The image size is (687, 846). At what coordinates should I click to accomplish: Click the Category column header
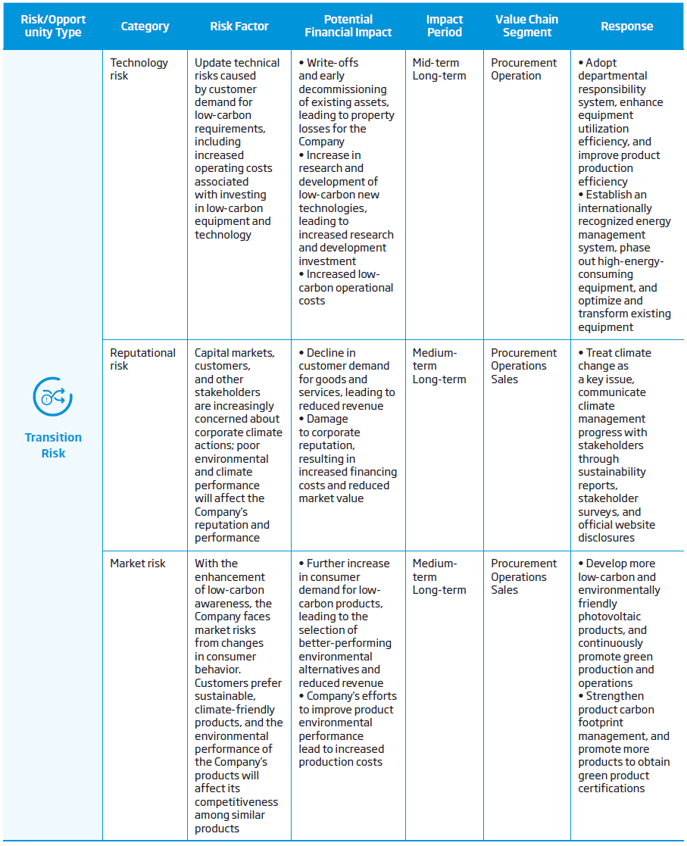click(x=145, y=26)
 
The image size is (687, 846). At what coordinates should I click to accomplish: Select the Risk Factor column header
click(x=239, y=26)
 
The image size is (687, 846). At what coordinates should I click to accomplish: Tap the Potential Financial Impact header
click(x=348, y=26)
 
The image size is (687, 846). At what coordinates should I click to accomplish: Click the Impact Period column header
click(x=444, y=26)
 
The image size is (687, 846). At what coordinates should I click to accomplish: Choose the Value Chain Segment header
click(x=526, y=26)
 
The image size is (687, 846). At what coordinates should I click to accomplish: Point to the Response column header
click(x=626, y=26)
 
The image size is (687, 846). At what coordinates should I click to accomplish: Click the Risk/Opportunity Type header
click(x=53, y=26)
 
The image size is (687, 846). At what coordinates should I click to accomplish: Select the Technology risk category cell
click(x=139, y=69)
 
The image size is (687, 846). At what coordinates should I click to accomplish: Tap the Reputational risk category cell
click(x=142, y=359)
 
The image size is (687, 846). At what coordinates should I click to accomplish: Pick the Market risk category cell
click(x=137, y=563)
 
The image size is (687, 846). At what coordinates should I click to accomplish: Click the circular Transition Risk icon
click(x=53, y=396)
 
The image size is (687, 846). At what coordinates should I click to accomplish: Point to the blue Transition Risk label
click(x=53, y=445)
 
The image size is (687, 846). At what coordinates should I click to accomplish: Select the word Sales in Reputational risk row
click(x=504, y=379)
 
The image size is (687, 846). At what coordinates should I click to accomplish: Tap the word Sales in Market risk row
click(x=504, y=590)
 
